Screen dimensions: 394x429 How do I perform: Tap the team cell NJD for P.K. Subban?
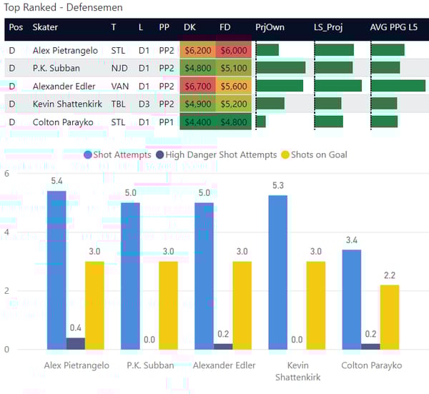tap(119, 68)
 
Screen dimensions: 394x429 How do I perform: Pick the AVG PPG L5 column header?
tap(397, 27)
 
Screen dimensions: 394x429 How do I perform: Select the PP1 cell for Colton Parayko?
tap(164, 122)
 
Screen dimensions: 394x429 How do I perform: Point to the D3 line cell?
tap(144, 104)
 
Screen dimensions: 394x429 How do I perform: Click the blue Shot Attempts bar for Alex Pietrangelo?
tap(56, 270)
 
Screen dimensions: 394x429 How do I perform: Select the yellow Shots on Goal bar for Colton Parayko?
tap(389, 317)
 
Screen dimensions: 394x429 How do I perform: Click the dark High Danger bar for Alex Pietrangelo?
tap(75, 343)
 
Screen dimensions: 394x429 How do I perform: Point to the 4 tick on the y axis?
tap(7, 232)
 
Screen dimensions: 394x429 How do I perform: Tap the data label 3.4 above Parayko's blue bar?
tap(351, 239)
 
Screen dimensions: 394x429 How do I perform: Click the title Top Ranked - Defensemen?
tap(63, 7)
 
